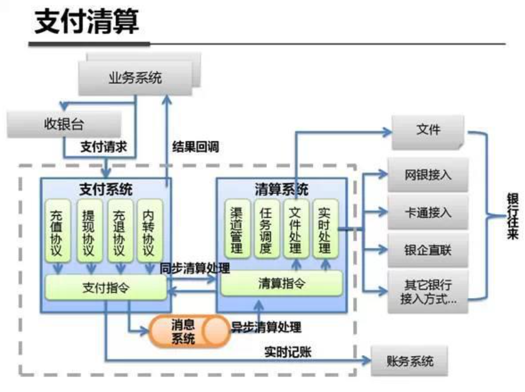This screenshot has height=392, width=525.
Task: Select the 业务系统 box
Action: click(x=135, y=77)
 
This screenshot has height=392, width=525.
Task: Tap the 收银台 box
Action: click(x=64, y=124)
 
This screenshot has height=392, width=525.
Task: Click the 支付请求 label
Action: click(x=104, y=146)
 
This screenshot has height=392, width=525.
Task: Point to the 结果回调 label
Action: click(x=195, y=146)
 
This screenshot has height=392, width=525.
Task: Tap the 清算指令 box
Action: click(x=281, y=283)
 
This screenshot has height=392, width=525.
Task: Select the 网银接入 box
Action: click(x=428, y=175)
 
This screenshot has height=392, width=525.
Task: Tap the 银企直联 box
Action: click(x=428, y=250)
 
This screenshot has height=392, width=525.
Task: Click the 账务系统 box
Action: click(x=410, y=360)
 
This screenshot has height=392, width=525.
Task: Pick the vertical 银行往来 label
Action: click(x=512, y=216)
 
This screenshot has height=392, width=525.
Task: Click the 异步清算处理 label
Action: click(x=266, y=327)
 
